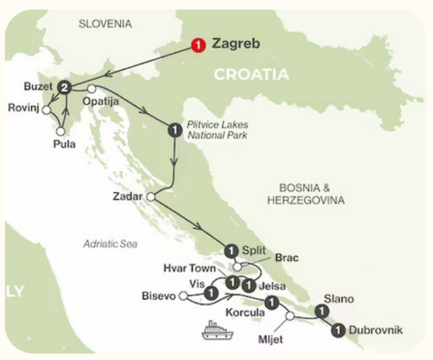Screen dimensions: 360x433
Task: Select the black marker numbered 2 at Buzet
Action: click(64, 87)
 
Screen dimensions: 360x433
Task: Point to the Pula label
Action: click(67, 143)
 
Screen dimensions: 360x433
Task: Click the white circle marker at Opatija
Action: click(91, 88)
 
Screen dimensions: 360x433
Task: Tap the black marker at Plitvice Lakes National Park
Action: click(174, 129)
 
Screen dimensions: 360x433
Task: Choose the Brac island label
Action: click(286, 258)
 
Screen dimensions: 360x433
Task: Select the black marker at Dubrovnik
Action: click(337, 331)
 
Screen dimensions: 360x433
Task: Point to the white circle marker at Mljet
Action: click(290, 316)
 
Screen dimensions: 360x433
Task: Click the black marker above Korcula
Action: click(271, 302)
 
